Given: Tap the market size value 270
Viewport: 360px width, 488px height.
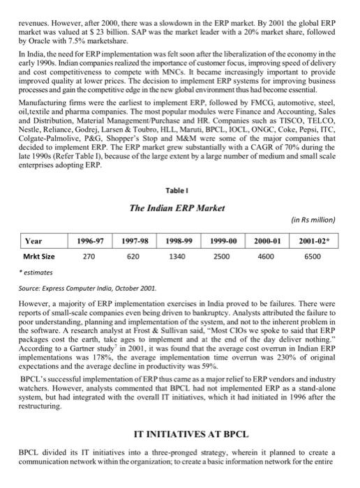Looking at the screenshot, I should [x=89, y=257].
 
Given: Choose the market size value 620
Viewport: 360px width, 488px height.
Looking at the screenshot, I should [x=135, y=257].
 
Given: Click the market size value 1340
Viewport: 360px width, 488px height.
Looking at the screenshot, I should [x=181, y=257].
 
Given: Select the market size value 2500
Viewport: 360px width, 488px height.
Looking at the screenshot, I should [x=225, y=257].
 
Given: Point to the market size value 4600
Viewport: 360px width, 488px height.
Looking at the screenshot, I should [x=269, y=257].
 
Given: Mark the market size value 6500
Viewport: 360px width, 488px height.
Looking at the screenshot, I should [x=314, y=257].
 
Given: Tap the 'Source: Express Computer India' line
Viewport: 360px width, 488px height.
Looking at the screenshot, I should [x=90, y=287].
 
